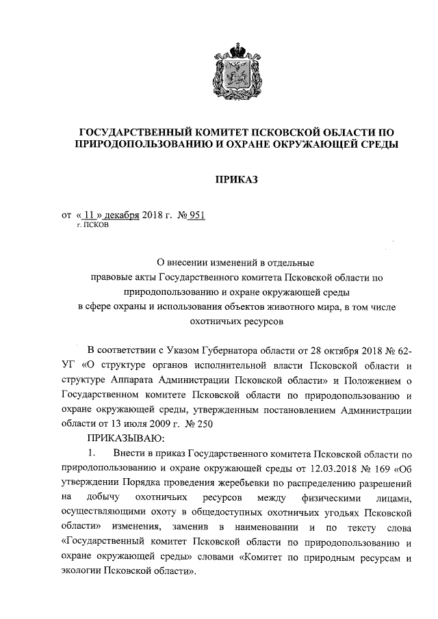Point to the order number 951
pyautogui.click(x=197, y=215)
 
